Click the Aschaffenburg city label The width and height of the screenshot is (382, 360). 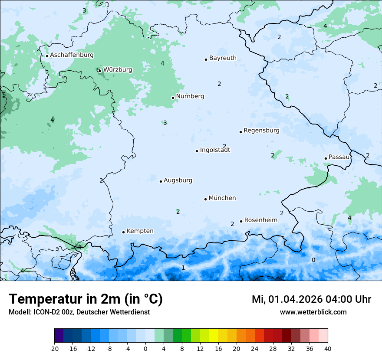point(72,55)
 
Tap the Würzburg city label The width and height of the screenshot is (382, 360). point(118,70)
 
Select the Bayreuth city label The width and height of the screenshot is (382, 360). point(223,58)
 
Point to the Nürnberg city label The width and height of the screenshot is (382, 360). point(190,96)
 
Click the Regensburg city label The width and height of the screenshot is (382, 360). point(261,131)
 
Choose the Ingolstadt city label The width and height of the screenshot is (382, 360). point(215,150)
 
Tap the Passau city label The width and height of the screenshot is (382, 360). point(339,157)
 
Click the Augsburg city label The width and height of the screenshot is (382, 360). point(178,180)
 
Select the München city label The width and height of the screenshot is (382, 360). point(222,198)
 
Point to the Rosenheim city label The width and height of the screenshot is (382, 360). point(260,220)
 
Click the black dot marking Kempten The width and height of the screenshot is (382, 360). point(123,232)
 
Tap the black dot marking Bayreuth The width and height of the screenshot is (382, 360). point(206,59)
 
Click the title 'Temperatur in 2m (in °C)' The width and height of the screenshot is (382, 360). point(86,299)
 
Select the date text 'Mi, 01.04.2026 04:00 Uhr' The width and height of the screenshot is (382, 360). point(311,299)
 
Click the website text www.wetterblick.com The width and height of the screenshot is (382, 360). point(313,312)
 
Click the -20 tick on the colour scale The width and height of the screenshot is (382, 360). point(54,348)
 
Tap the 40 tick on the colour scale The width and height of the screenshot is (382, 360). point(327,348)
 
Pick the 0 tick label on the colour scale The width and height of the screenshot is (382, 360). point(145,348)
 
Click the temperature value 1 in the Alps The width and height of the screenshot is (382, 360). point(183,268)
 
